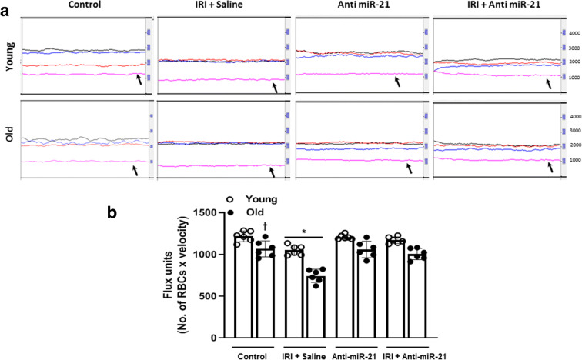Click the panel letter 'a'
coord(6,6)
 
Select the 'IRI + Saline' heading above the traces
coord(222,5)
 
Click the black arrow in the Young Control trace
coord(138,79)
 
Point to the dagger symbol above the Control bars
coord(266,225)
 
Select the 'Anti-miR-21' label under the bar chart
coord(355,355)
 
